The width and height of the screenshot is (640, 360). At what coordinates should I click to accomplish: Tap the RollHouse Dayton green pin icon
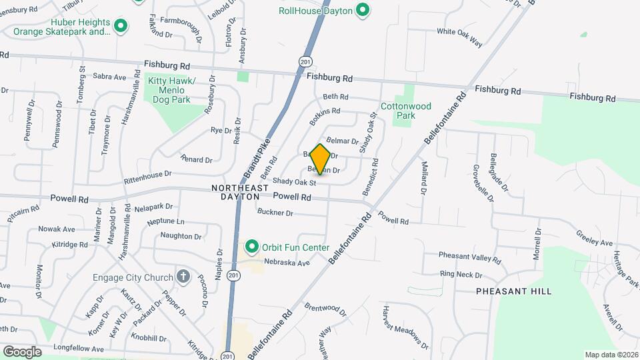(x=362, y=10)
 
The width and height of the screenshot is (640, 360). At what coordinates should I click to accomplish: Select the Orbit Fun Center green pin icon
(x=252, y=247)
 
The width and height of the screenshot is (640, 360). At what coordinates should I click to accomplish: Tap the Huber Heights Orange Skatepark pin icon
(x=121, y=26)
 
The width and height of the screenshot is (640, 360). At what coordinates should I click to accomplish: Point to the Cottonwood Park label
(x=406, y=111)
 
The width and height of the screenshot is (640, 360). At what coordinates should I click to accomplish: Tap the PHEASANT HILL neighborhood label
(x=513, y=291)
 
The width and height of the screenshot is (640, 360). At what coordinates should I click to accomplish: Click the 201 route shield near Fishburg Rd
(x=304, y=61)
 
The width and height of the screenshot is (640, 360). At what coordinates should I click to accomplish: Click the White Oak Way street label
(x=459, y=36)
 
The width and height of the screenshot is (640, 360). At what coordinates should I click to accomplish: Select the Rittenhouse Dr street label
(x=148, y=177)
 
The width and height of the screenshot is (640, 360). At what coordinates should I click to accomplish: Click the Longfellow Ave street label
(x=79, y=348)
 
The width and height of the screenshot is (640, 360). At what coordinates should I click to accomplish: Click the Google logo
(x=22, y=351)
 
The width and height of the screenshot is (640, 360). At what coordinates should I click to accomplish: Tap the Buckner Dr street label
(x=275, y=213)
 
